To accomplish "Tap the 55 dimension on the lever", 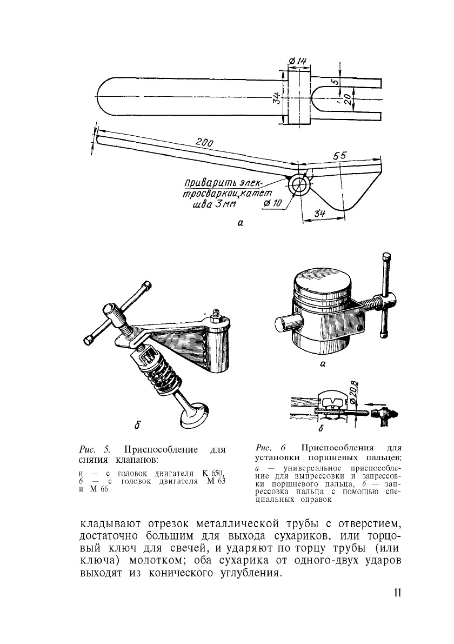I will [339, 156].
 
